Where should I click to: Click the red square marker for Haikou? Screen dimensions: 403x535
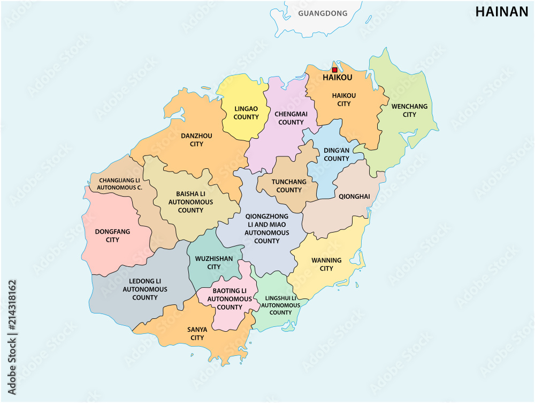pyautogui.click(x=334, y=70)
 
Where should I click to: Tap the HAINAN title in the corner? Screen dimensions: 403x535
pyautogui.click(x=501, y=12)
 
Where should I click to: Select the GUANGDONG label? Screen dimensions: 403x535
pyautogui.click(x=322, y=13)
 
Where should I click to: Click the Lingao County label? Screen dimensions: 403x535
pyautogui.click(x=246, y=113)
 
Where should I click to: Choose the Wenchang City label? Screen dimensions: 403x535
pyautogui.click(x=409, y=110)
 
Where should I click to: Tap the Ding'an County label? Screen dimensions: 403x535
pyautogui.click(x=337, y=154)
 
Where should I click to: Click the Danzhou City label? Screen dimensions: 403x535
pyautogui.click(x=196, y=140)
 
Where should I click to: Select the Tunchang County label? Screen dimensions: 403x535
pyautogui.click(x=289, y=185)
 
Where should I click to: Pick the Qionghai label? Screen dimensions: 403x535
pyautogui.click(x=354, y=197)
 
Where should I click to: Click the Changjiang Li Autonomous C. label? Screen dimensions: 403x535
pyautogui.click(x=119, y=183)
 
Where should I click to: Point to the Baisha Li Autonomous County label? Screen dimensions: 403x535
pyautogui.click(x=190, y=202)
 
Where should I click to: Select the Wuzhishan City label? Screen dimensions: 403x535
pyautogui.click(x=214, y=263)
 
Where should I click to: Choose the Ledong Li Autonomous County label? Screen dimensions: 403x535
pyautogui.click(x=145, y=289)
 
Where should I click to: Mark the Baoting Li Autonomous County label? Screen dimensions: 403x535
pyautogui.click(x=230, y=299)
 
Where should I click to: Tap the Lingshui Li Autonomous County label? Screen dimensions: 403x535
pyautogui.click(x=280, y=305)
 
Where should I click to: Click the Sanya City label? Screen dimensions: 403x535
pyautogui.click(x=197, y=333)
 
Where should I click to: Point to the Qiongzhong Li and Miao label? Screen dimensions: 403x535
pyautogui.click(x=267, y=229)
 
